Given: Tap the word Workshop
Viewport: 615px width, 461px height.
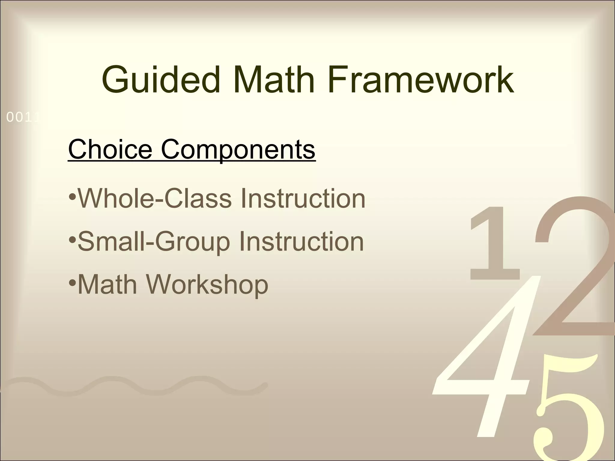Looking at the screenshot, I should click(207, 285).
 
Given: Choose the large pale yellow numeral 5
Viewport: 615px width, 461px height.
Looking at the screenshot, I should click(568, 420).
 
